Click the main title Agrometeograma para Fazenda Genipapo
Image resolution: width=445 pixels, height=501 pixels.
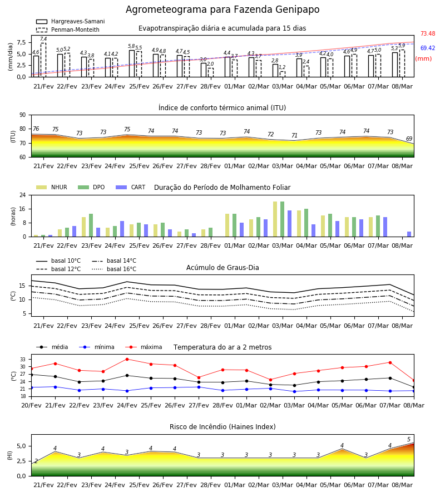(x=222, y=9)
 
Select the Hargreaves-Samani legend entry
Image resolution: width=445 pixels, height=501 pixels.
(x=70, y=21)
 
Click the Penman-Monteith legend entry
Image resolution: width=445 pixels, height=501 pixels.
(x=68, y=30)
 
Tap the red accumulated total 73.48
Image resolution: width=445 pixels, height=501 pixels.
(x=428, y=33)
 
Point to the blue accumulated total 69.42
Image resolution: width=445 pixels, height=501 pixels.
(x=428, y=48)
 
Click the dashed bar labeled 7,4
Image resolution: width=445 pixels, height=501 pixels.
(x=43, y=60)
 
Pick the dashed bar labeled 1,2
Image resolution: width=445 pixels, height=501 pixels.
(x=283, y=74)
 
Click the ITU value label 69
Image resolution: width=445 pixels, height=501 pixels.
(x=409, y=139)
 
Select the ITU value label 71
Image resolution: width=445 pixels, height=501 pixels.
(x=294, y=135)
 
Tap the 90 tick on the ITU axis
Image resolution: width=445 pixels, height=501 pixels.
(x=22, y=115)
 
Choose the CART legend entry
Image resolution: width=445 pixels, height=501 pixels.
(x=131, y=187)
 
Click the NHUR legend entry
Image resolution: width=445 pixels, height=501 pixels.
(x=52, y=187)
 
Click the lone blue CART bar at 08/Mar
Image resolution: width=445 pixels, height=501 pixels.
(x=409, y=234)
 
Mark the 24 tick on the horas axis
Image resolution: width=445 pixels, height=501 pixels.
(x=22, y=195)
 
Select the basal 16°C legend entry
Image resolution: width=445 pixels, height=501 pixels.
(x=114, y=269)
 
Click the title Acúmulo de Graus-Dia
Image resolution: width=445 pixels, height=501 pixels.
(x=222, y=267)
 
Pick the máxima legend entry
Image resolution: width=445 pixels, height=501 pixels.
(x=144, y=347)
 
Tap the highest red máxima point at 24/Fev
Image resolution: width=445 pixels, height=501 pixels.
(x=127, y=359)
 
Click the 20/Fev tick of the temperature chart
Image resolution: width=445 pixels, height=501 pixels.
(x=31, y=405)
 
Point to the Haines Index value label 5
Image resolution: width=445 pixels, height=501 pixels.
(x=409, y=439)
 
